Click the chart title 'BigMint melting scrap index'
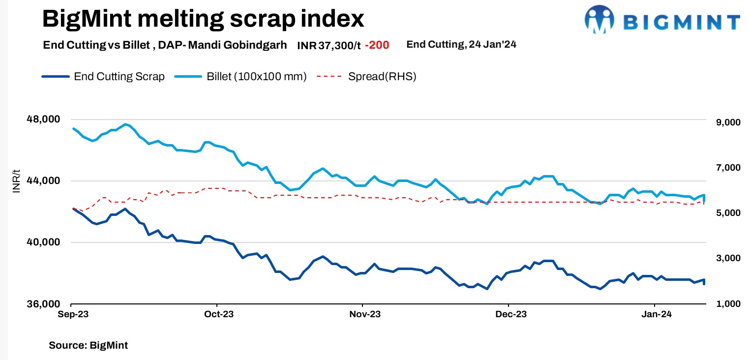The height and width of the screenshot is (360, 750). pyautogui.click(x=203, y=19)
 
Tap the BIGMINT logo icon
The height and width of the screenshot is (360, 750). pyautogui.click(x=599, y=20)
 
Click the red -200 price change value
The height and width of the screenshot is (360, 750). pyautogui.click(x=377, y=45)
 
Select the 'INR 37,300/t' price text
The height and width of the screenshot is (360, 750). pyautogui.click(x=329, y=45)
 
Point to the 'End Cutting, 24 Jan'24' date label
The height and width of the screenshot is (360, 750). pyautogui.click(x=461, y=45)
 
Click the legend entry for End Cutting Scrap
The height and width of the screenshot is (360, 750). pyautogui.click(x=103, y=77)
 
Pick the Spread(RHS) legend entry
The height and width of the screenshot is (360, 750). pyautogui.click(x=366, y=77)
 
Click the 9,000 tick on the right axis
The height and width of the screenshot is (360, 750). pyautogui.click(x=724, y=122)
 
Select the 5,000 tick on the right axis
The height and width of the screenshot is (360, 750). pyautogui.click(x=724, y=213)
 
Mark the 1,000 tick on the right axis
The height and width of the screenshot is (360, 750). pyautogui.click(x=724, y=304)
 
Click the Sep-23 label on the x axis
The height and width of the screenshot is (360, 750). pyautogui.click(x=73, y=314)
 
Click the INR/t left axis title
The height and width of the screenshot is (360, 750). pyautogui.click(x=16, y=180)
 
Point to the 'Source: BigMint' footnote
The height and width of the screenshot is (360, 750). pyautogui.click(x=88, y=345)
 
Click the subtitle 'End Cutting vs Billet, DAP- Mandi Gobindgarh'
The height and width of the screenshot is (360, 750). pyautogui.click(x=165, y=45)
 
